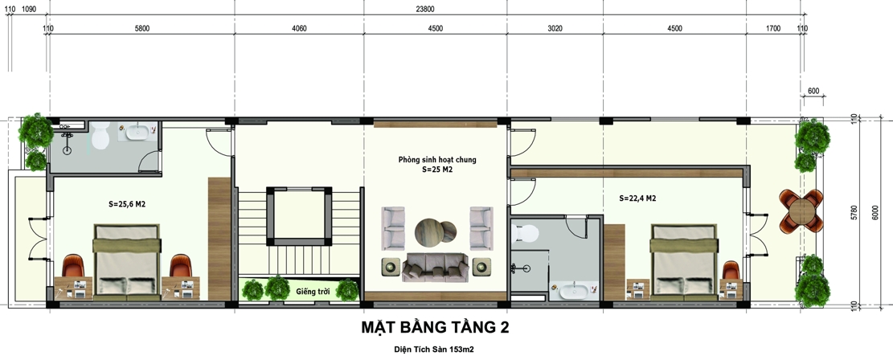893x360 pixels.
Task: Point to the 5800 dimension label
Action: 142,29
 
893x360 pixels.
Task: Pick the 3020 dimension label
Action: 555,29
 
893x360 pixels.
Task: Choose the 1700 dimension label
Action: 773,29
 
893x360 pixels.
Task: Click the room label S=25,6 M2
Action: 127,204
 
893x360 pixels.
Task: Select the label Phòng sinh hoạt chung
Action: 437,160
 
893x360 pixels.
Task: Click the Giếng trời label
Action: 311,291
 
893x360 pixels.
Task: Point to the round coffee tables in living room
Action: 435,232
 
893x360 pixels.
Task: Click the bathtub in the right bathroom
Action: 573,290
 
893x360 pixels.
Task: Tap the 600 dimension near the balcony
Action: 813,92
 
